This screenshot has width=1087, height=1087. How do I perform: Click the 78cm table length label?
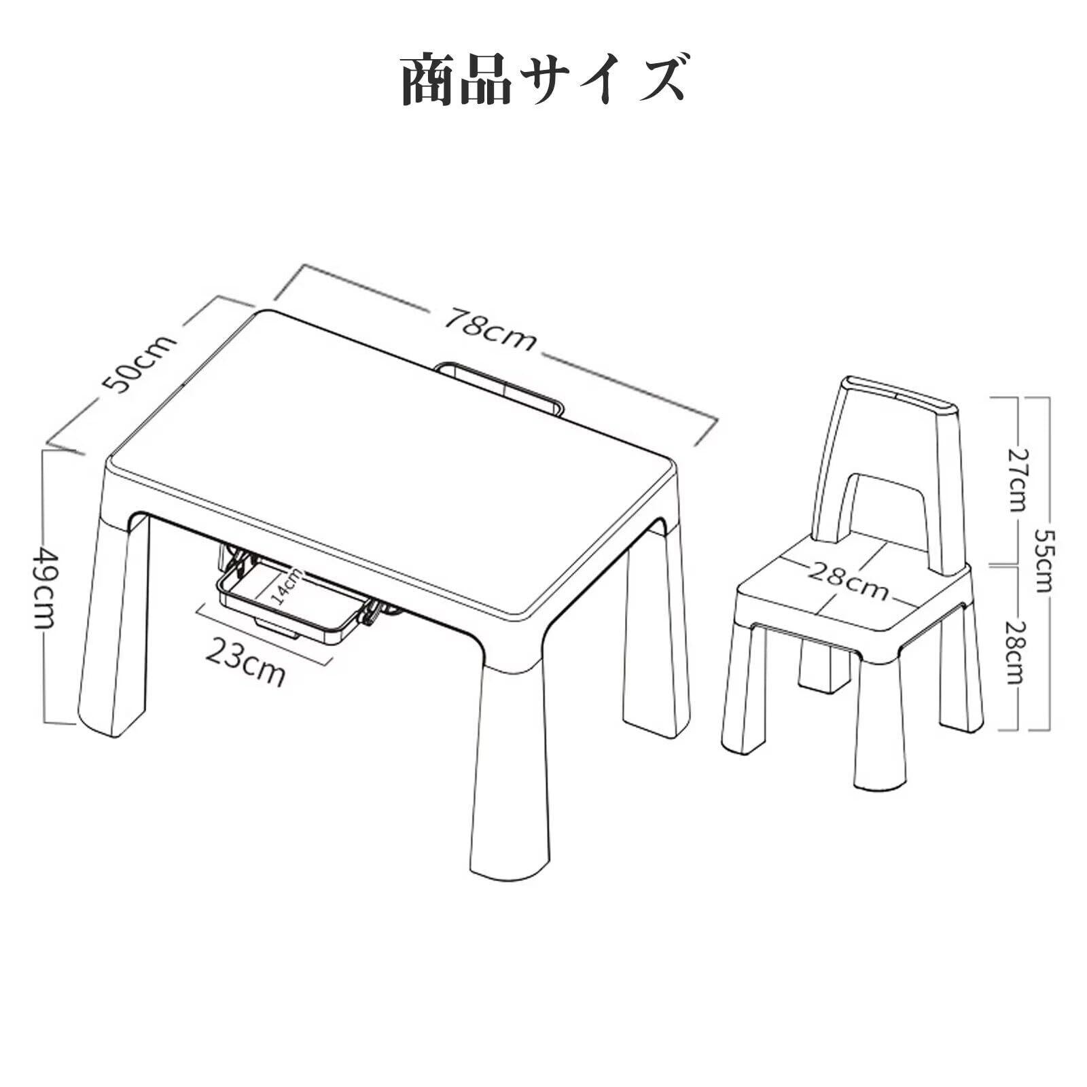coord(491,330)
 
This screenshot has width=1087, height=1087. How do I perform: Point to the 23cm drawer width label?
coord(245,662)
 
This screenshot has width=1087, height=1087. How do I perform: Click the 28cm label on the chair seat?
coord(848,581)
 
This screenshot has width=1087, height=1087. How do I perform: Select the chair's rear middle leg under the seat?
coord(825,666)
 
